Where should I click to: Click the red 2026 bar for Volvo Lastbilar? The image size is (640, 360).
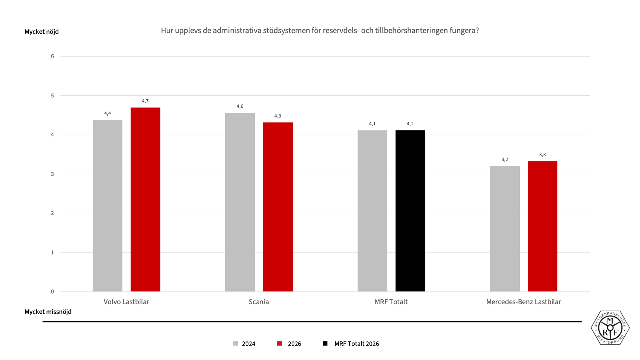click(x=145, y=199)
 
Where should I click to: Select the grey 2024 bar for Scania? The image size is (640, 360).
click(x=240, y=202)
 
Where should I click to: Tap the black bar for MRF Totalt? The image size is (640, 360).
click(x=410, y=211)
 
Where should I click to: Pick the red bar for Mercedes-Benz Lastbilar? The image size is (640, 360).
click(x=543, y=226)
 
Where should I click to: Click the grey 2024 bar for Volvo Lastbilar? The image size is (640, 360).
click(x=108, y=206)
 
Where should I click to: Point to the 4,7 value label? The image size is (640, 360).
click(x=145, y=101)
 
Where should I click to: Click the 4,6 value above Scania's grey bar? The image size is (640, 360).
click(x=240, y=106)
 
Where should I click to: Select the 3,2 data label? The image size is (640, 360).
click(x=505, y=160)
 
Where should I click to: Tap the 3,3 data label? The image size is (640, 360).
click(x=543, y=155)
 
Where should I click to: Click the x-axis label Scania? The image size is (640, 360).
click(x=259, y=302)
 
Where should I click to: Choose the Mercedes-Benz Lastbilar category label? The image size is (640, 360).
click(x=524, y=302)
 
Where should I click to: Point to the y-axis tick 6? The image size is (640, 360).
click(x=52, y=56)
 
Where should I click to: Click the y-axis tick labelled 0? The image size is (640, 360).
click(x=52, y=292)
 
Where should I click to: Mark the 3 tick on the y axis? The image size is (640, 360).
click(x=52, y=174)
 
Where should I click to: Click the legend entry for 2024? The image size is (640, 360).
click(x=244, y=344)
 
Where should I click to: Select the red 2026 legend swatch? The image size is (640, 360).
click(x=279, y=344)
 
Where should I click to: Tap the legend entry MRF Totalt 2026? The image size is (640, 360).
click(x=351, y=344)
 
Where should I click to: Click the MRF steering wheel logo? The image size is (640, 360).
click(x=610, y=328)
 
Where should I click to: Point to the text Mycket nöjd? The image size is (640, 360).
click(x=42, y=32)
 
